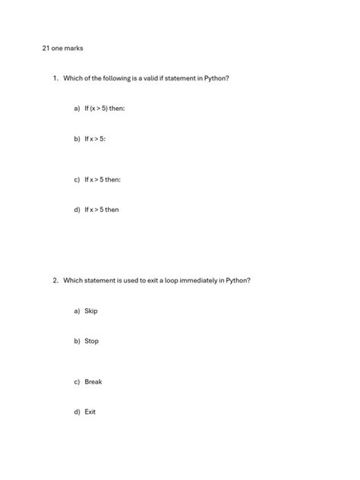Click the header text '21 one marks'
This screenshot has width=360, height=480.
point(62,49)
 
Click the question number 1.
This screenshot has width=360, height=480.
point(55,78)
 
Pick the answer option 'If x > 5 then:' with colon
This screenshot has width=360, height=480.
point(102,179)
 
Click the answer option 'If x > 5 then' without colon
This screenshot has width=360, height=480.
point(101,210)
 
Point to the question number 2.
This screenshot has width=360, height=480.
point(55,280)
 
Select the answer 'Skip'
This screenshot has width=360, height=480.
point(91,311)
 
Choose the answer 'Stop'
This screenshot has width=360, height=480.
point(91,342)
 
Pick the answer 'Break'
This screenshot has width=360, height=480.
point(93,382)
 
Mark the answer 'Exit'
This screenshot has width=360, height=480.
point(90,412)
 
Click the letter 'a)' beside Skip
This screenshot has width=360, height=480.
point(77,311)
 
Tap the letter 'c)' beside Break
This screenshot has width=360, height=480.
point(77,382)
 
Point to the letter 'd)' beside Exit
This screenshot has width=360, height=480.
point(77,412)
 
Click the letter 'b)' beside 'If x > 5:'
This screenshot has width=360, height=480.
point(77,139)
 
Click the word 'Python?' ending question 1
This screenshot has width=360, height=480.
point(216,78)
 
